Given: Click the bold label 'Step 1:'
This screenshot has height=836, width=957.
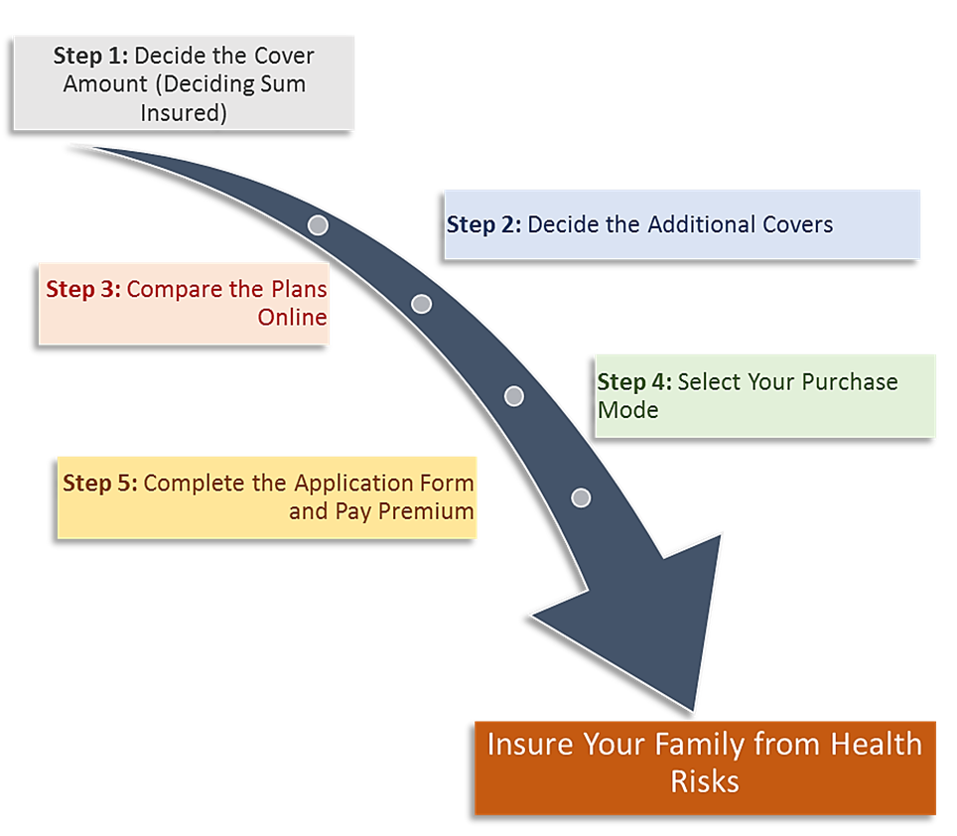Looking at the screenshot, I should pos(91,56).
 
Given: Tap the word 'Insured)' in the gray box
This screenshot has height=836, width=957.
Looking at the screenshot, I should pos(184,113).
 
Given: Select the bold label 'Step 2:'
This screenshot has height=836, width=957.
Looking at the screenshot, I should pos(483,224).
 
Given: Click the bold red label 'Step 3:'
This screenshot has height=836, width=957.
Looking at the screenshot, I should pos(83,290).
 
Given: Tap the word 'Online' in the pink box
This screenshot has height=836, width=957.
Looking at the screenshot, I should pos(292,318).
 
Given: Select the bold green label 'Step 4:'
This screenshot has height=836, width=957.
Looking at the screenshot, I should pos(634,382).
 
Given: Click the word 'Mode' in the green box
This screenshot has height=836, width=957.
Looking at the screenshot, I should pos(627,410).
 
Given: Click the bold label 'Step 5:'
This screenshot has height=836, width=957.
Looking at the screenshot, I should pos(100,484).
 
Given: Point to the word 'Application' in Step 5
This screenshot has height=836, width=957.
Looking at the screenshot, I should pos(351,484).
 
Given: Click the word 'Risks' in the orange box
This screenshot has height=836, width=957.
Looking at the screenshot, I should pos(705,780).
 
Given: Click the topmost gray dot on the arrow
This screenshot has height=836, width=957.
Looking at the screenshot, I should pos(318,224).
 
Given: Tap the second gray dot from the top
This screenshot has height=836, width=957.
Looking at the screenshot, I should pos(421,304).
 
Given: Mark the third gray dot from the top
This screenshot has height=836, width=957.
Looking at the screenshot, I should pos(514,396).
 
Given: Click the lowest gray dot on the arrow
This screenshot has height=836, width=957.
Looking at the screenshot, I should pos(581,497).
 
